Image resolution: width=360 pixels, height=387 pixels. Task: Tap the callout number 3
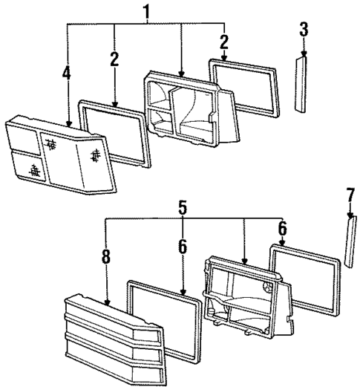point(304,31)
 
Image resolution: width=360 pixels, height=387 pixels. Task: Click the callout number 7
point(350,196)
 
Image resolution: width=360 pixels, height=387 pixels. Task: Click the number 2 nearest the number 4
point(114,59)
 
